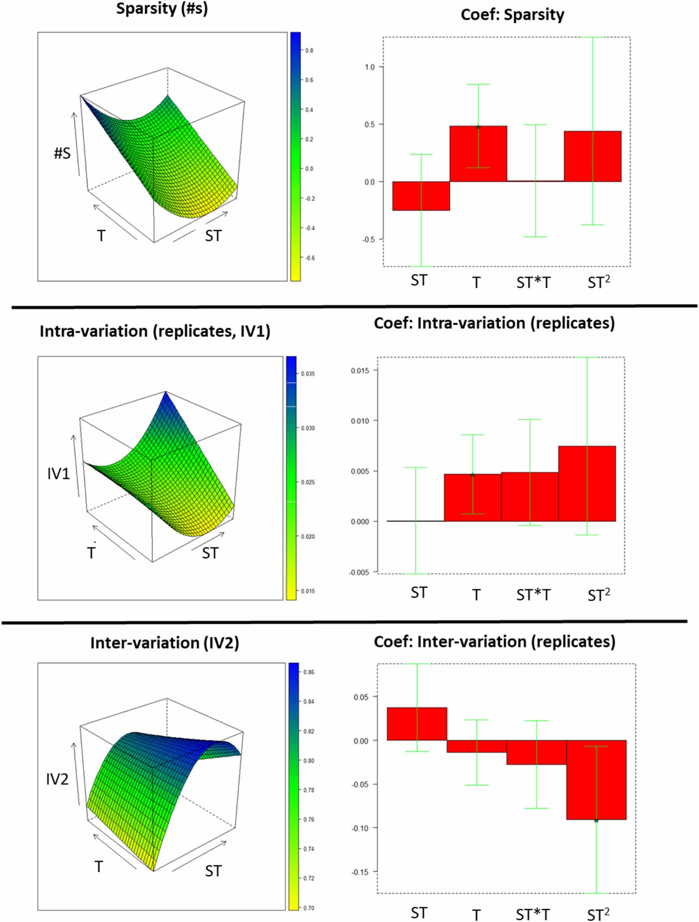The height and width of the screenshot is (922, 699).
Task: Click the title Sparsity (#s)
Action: pyautogui.click(x=162, y=9)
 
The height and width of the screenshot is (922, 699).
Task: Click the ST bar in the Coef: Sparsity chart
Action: pyautogui.click(x=421, y=196)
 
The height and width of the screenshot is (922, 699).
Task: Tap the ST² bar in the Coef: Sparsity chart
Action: pyautogui.click(x=592, y=156)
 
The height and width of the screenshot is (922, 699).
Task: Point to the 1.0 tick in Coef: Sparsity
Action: pyautogui.click(x=370, y=67)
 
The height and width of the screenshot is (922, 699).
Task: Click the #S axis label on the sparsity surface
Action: pyautogui.click(x=62, y=153)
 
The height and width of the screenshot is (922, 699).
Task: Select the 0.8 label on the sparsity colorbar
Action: pyautogui.click(x=309, y=51)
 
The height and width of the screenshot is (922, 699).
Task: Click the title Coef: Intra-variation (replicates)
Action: pyautogui.click(x=494, y=323)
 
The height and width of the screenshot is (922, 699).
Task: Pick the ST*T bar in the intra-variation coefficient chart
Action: pyautogui.click(x=530, y=496)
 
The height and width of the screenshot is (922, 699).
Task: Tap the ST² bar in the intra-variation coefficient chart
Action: pyautogui.click(x=587, y=483)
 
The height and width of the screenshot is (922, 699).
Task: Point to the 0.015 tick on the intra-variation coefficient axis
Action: pyautogui.click(x=359, y=371)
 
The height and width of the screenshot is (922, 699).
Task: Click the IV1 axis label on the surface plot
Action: pyautogui.click(x=58, y=474)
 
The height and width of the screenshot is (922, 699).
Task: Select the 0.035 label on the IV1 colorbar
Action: pyautogui.click(x=308, y=374)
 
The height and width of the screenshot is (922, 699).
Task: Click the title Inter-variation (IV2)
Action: pyautogui.click(x=165, y=643)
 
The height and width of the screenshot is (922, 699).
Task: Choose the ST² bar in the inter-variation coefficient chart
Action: pyautogui.click(x=596, y=779)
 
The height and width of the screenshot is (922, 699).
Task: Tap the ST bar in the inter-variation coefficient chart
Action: pyautogui.click(x=417, y=724)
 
